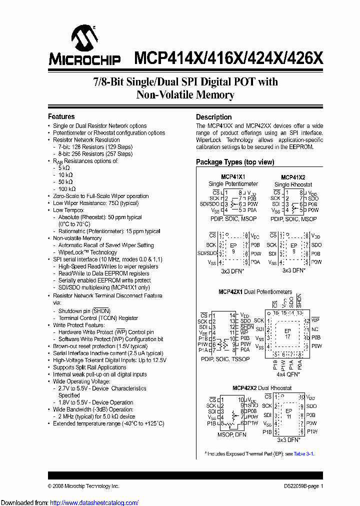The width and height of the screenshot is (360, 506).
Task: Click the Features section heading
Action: [x=61, y=116]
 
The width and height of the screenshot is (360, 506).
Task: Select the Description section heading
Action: [x=213, y=117]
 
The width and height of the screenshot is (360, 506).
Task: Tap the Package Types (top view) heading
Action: [x=235, y=162]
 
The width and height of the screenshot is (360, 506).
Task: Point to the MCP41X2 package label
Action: [x=293, y=177]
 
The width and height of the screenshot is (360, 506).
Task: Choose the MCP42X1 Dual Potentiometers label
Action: [x=255, y=291]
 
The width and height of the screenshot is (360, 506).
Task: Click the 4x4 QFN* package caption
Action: [x=288, y=373]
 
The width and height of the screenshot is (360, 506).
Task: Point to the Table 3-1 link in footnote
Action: [x=303, y=453]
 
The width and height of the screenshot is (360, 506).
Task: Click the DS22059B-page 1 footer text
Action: [x=300, y=486]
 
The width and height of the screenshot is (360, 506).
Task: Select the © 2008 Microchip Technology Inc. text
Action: [x=83, y=486]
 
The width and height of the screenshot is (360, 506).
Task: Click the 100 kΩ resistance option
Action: [x=67, y=189]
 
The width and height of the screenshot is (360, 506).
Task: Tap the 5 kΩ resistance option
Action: [x=64, y=168]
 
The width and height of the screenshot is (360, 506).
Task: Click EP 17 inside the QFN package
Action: [x=287, y=332]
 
